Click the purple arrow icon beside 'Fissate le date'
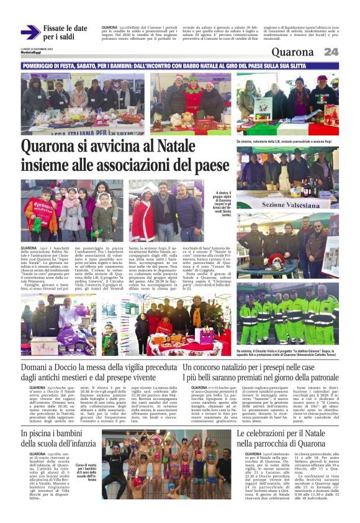pos(29,32)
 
